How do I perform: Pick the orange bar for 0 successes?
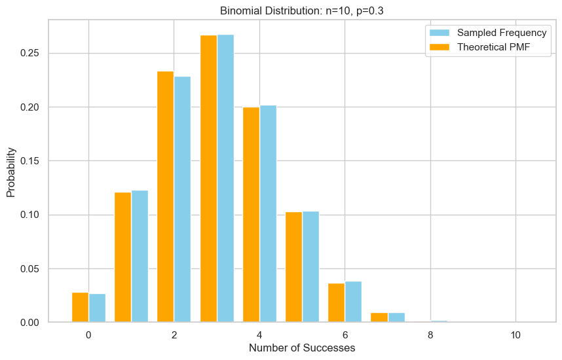[x=80, y=308]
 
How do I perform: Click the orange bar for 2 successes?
[x=165, y=197]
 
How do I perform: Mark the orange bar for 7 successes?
[x=379, y=317]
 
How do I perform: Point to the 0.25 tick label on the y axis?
[x=28, y=53]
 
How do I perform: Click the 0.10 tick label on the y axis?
[x=28, y=215]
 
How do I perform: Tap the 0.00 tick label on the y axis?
[x=28, y=323]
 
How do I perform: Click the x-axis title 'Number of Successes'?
[x=302, y=348]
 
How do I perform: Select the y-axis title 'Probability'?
[x=11, y=171]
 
